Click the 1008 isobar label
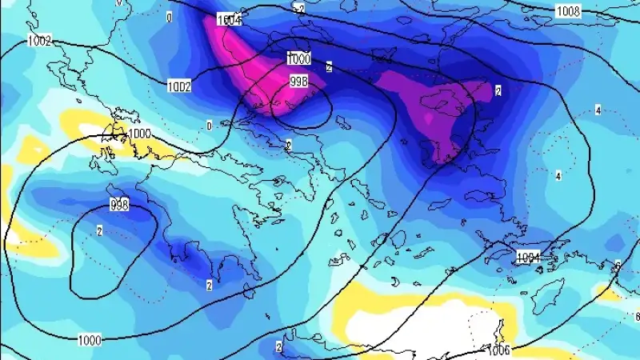point(569,11)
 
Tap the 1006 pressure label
point(501,350)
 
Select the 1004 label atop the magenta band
point(229,21)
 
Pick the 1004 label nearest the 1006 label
point(529,258)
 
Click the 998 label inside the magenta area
point(298,81)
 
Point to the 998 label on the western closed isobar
point(119,206)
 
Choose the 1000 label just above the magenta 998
point(298,58)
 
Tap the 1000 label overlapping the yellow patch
point(139,134)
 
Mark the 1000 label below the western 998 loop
point(90,340)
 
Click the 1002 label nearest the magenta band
point(178,86)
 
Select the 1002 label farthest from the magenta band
point(38,41)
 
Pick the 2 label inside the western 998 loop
point(99,231)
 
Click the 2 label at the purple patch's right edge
point(498,90)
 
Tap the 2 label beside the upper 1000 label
point(329,67)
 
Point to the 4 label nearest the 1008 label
point(598,110)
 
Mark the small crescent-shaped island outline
point(394,282)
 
